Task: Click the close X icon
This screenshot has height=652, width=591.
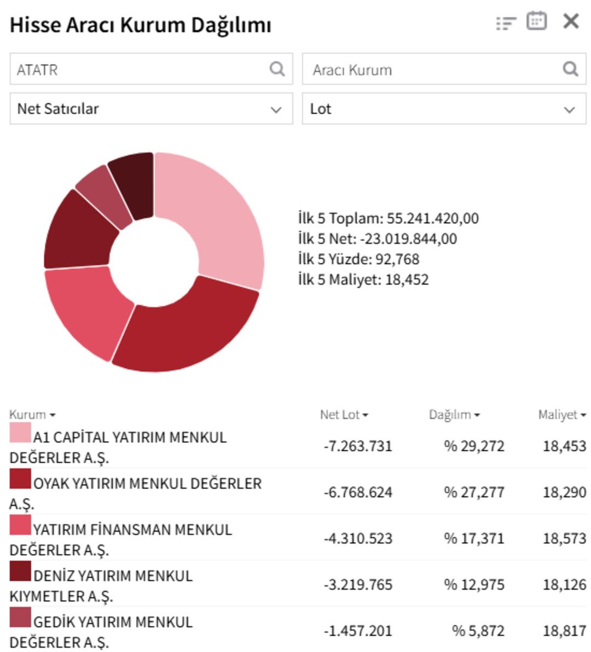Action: [571, 21]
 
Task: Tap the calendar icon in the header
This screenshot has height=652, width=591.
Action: [536, 21]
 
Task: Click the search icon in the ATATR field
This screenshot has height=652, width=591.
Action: [277, 69]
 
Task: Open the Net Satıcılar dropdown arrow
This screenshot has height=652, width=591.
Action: [276, 109]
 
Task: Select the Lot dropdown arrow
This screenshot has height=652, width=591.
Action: [570, 109]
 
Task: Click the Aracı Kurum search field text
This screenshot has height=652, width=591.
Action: [352, 70]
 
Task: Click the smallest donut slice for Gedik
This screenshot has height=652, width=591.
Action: [102, 194]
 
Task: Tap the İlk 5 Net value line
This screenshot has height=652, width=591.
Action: [378, 239]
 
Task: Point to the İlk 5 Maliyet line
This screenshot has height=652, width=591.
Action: [363, 280]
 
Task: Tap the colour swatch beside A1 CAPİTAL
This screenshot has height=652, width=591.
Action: [20, 433]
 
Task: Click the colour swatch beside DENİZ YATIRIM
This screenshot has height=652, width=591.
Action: [20, 571]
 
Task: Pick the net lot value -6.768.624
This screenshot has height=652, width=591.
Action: [358, 492]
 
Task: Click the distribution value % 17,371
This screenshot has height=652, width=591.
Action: [474, 539]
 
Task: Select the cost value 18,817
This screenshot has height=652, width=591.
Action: [564, 631]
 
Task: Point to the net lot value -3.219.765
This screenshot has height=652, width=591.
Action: [358, 585]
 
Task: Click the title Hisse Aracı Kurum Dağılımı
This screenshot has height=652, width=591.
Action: [141, 25]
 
